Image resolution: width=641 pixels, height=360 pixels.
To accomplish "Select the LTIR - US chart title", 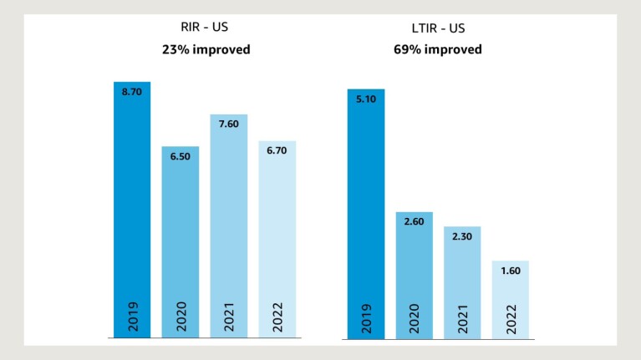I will (x=438, y=28).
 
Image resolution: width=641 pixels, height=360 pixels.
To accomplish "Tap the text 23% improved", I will (x=206, y=49).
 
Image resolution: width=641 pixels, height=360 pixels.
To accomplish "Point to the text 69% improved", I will (x=438, y=49).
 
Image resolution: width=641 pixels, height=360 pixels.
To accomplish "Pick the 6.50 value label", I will (x=181, y=156).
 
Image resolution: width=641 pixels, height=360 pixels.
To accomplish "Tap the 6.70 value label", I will (x=277, y=152).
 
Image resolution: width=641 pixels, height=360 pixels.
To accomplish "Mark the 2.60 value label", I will (x=415, y=223).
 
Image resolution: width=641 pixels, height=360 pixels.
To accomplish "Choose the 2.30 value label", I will (x=462, y=237).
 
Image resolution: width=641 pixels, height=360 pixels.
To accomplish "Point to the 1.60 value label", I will (x=511, y=272).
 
